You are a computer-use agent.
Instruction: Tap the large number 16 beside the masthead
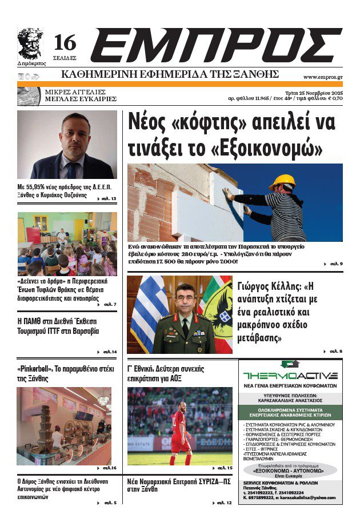(65, 42)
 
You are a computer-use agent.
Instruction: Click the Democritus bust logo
(29, 42)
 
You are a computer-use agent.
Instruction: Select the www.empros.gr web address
(322, 77)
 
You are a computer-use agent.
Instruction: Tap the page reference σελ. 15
(224, 468)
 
